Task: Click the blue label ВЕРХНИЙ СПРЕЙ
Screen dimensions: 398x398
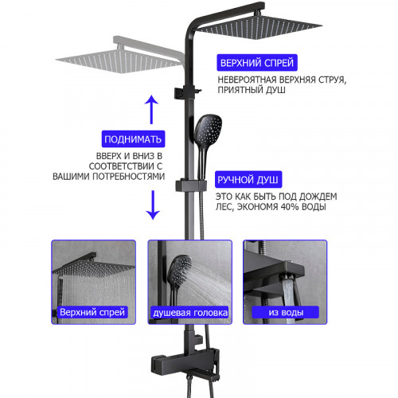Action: [x=257, y=63]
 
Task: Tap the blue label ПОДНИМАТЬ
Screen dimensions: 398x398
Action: [x=133, y=139]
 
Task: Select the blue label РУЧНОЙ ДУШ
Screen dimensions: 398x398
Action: [x=248, y=180]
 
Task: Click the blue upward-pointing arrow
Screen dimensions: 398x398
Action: [x=151, y=109]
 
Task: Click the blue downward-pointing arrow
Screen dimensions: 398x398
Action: [x=153, y=205]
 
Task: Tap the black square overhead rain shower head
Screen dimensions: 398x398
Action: [x=259, y=27]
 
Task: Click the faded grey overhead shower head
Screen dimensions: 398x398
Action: [x=119, y=60]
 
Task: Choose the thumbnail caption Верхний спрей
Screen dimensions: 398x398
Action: [x=92, y=312]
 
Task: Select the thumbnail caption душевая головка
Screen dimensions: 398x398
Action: [x=190, y=313]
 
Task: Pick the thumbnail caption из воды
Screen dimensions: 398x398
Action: [x=286, y=312]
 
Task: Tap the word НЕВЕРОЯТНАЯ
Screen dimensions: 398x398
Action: [x=247, y=80]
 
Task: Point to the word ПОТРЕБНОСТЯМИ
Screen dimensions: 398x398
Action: [x=128, y=177]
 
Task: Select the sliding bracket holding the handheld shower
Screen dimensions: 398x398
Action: [x=191, y=185]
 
